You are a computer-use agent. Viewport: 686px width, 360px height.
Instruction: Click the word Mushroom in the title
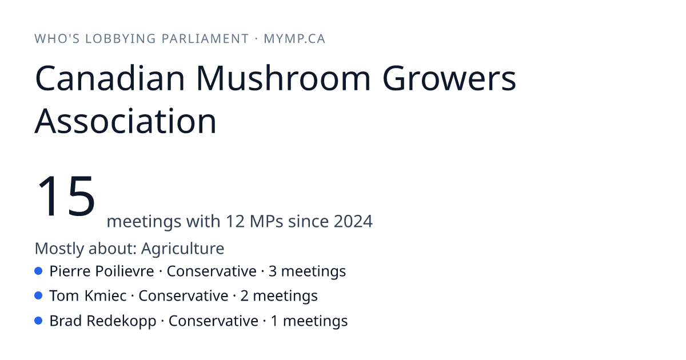(x=284, y=78)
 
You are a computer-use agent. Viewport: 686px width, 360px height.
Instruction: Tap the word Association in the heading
(x=126, y=121)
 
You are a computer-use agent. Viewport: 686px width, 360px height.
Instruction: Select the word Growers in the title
(x=449, y=78)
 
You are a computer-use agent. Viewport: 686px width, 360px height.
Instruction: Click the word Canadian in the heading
(x=110, y=78)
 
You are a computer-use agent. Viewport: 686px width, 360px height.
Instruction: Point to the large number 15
(x=66, y=195)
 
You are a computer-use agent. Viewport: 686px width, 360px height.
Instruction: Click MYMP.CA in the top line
(x=294, y=39)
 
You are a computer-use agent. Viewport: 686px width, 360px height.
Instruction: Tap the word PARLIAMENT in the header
(x=205, y=39)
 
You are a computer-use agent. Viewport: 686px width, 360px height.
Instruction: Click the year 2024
(x=353, y=221)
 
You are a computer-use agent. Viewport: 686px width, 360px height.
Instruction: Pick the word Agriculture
(x=182, y=248)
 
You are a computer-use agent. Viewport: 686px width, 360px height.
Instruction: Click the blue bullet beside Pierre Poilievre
(x=38, y=271)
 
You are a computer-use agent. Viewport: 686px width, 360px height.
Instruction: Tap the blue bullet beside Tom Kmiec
(x=38, y=296)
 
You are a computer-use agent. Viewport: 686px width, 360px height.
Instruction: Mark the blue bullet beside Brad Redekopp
(x=38, y=321)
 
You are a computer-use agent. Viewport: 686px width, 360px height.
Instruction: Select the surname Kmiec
(x=105, y=296)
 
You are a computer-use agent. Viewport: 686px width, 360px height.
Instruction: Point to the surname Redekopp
(x=121, y=321)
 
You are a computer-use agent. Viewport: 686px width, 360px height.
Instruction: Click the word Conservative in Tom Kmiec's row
(x=184, y=296)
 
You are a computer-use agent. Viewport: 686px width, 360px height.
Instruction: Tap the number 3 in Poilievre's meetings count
(x=273, y=271)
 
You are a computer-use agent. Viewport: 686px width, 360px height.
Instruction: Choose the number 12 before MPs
(x=235, y=221)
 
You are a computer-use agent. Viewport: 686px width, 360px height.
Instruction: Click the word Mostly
(x=59, y=248)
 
